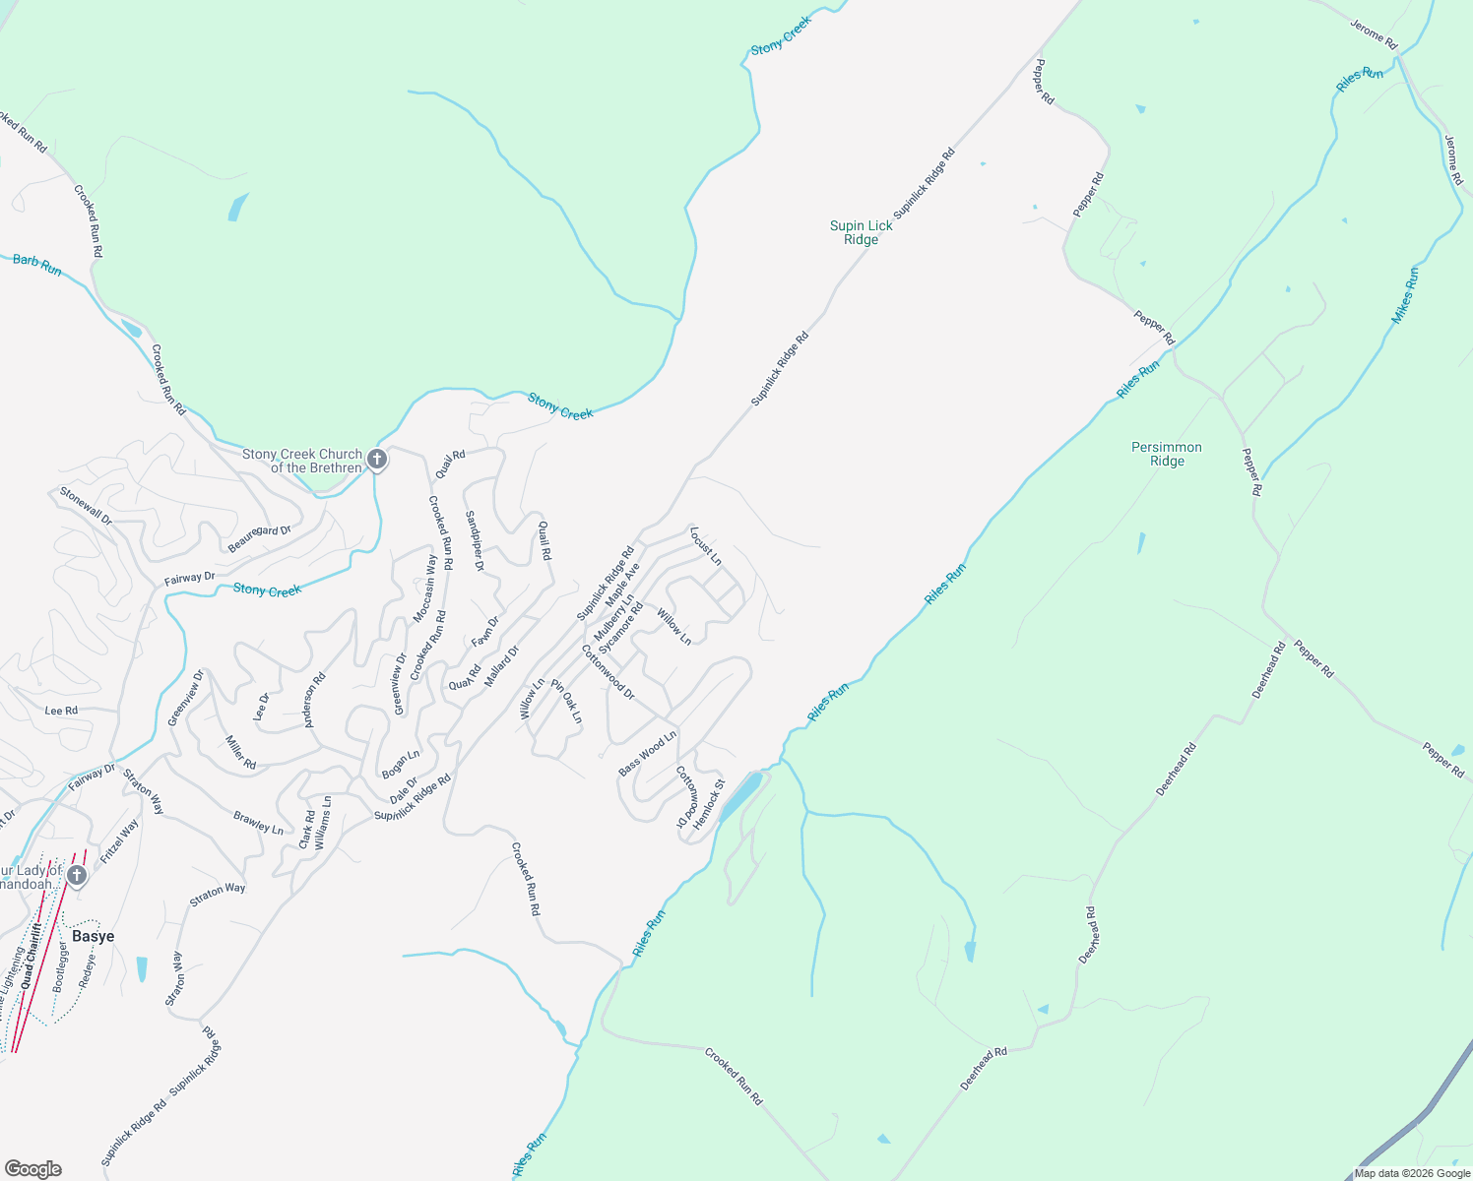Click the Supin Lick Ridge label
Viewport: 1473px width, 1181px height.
coord(861,232)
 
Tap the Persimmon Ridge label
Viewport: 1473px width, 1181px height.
coord(1167,454)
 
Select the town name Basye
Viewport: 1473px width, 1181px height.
coord(93,936)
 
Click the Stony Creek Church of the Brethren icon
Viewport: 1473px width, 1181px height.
coord(376,460)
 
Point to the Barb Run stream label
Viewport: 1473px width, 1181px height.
coord(37,265)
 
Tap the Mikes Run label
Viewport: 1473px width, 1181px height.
coord(1405,295)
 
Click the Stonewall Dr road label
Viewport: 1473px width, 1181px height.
coord(86,505)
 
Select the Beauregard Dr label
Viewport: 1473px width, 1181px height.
coord(260,538)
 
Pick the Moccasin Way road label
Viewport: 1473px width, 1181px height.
coord(425,589)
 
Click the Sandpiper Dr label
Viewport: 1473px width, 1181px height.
coord(476,540)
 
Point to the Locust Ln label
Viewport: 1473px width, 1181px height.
coord(706,546)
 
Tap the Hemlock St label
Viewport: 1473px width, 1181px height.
coord(709,804)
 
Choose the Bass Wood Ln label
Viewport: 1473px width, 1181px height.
coord(648,753)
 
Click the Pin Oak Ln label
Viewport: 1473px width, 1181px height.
coord(567,701)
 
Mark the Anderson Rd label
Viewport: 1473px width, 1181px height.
coord(315,701)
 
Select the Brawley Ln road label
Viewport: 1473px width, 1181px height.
coord(258,823)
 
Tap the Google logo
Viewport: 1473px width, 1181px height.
coord(32,1168)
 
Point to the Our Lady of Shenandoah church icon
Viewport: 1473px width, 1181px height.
coord(77,875)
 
